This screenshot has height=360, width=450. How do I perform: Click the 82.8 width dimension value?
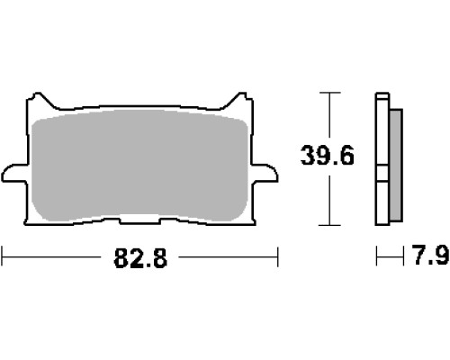click(x=140, y=257)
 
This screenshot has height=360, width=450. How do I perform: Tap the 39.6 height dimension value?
click(x=328, y=155)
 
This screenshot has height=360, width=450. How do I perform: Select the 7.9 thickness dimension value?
click(x=431, y=255)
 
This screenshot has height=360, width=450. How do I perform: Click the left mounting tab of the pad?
click(x=14, y=174)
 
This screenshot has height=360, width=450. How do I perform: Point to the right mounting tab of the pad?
click(x=265, y=174)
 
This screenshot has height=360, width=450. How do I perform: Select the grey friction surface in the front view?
click(x=139, y=166)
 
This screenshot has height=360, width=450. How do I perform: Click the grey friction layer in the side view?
click(x=396, y=166)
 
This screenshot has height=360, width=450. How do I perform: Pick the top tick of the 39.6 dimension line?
click(x=329, y=93)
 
